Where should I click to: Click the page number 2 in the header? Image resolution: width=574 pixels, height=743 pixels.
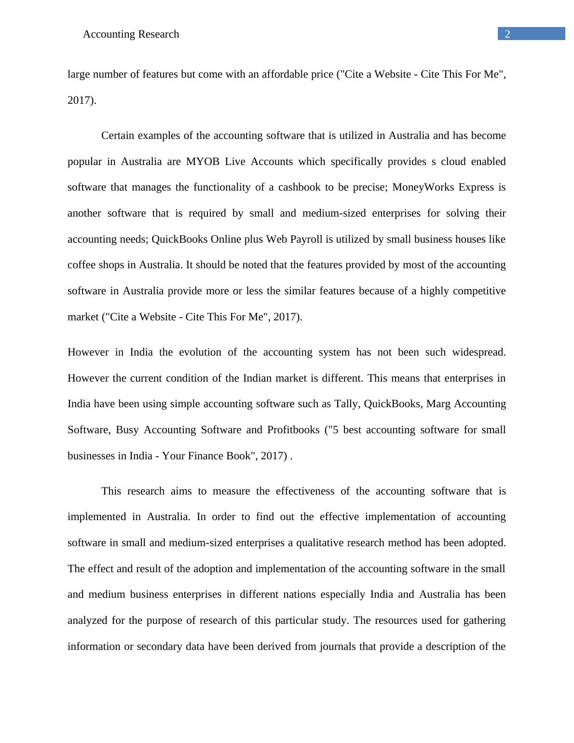[x=507, y=34]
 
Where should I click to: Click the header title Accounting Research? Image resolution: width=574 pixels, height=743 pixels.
[x=131, y=34]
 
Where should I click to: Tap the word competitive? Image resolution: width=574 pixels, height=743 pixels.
[x=476, y=291]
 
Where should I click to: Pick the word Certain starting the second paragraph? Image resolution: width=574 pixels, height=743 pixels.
[x=118, y=136]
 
